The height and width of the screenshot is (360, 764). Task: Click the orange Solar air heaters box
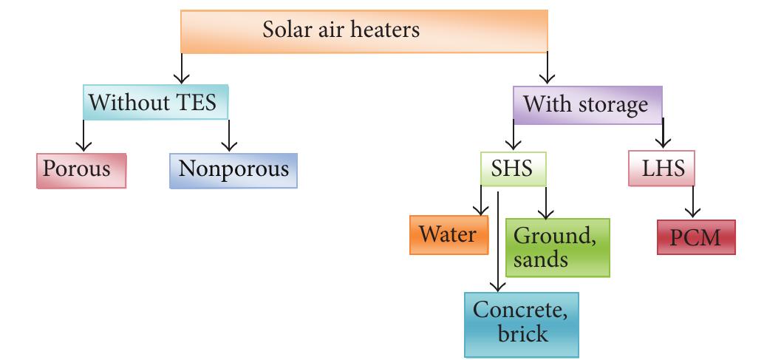coord(363,32)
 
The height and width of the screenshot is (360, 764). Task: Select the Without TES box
coord(155,103)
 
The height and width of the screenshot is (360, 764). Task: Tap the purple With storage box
coord(585,103)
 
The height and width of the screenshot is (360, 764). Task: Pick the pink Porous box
coord(81,169)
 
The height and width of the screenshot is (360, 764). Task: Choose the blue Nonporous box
coord(233,169)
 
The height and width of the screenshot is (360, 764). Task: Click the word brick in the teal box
coord(522,334)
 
